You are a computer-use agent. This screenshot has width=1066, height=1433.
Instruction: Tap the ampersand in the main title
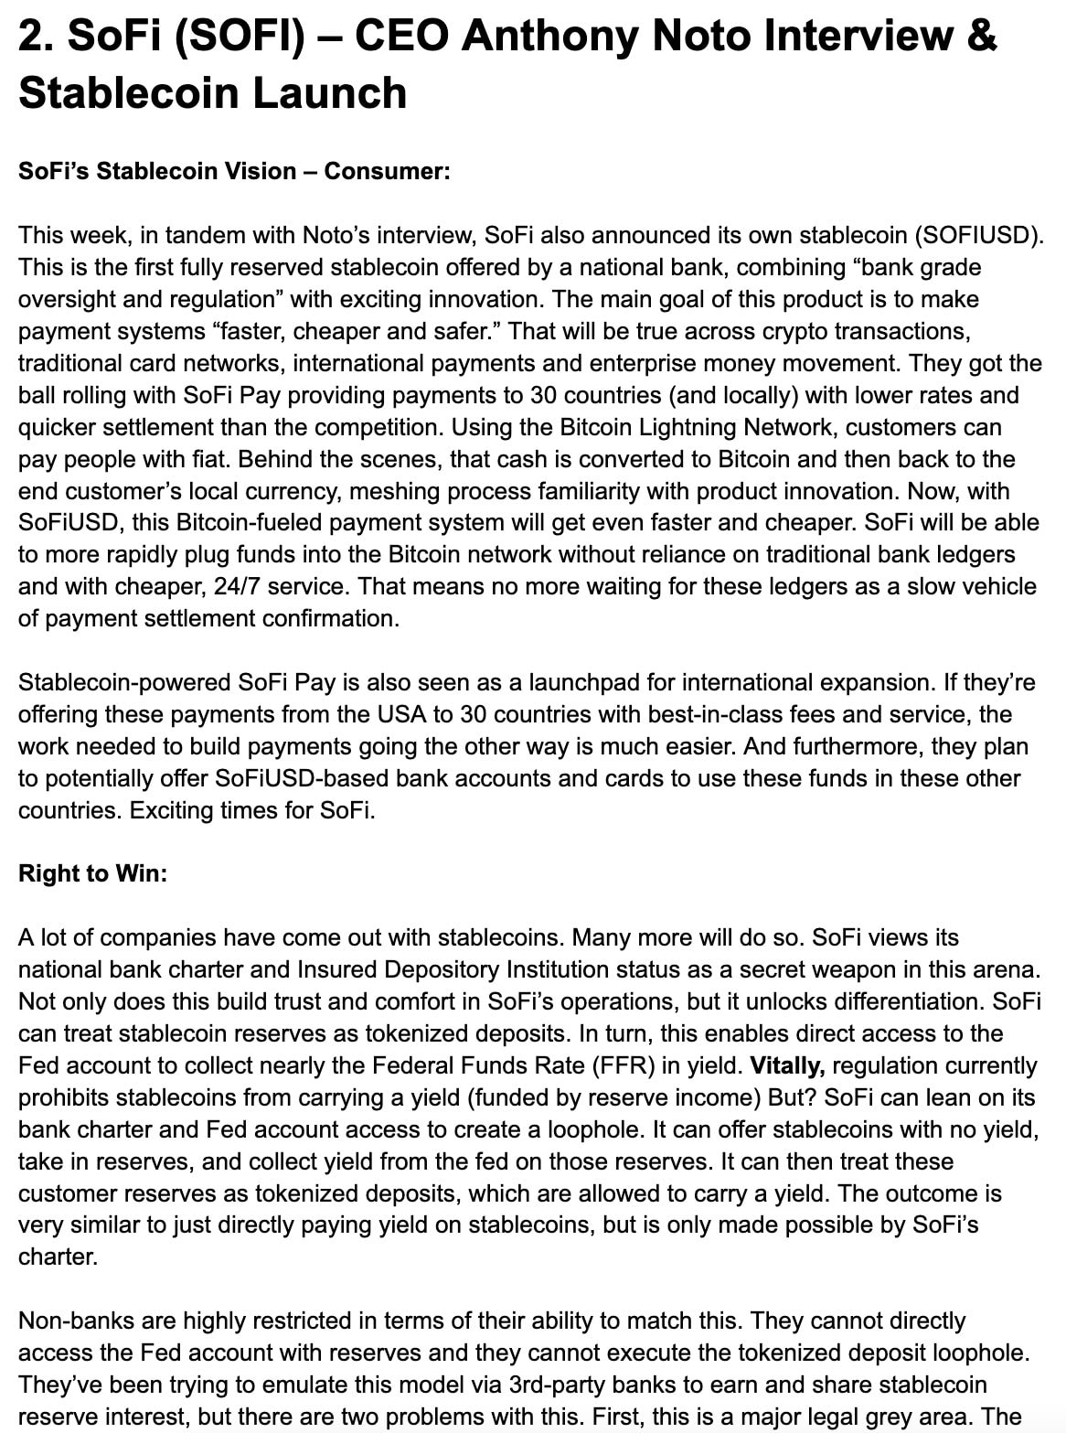979,37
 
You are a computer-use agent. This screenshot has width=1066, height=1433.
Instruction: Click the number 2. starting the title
37,37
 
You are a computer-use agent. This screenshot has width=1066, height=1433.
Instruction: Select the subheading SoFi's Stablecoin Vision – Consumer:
234,171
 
